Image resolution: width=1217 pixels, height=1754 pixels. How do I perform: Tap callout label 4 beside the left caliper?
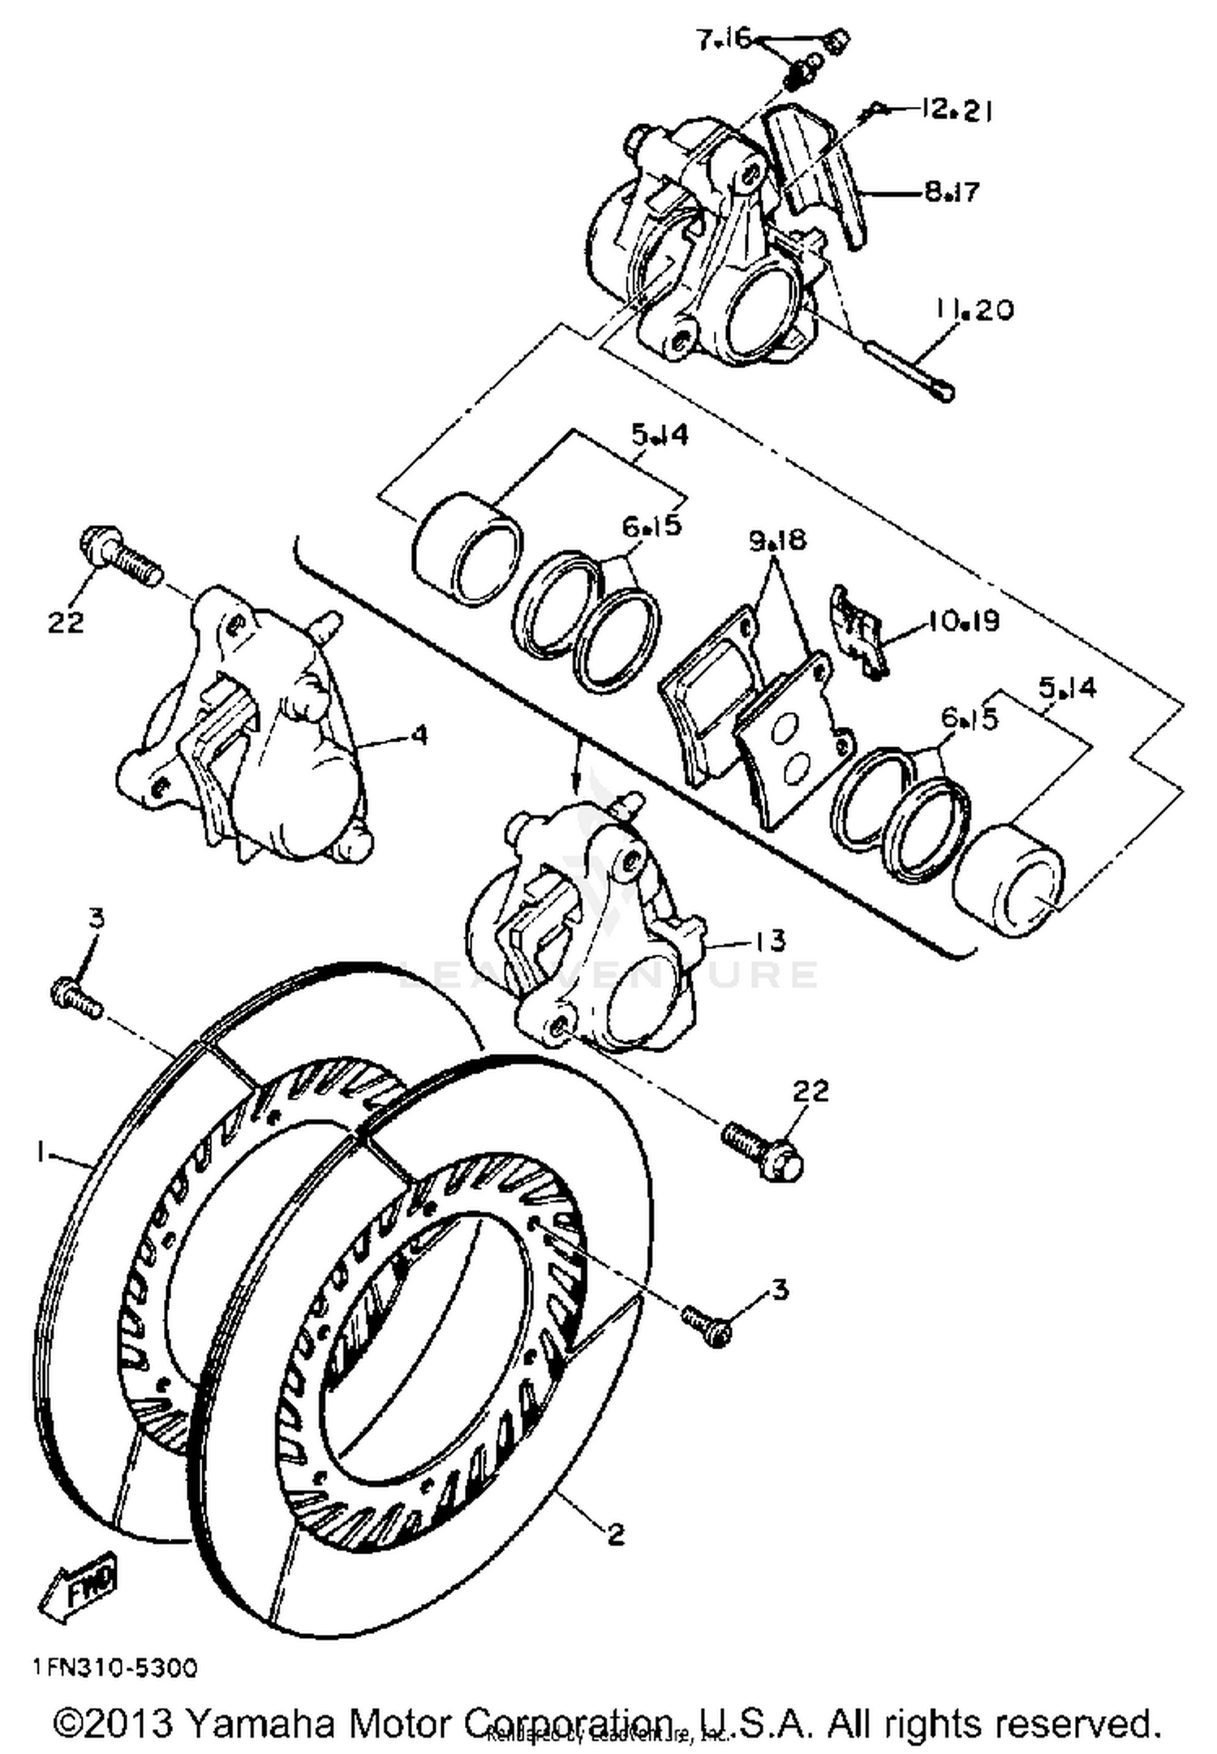419,735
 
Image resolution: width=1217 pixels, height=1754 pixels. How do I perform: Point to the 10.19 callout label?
964,621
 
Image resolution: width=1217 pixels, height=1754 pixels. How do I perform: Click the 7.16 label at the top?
725,39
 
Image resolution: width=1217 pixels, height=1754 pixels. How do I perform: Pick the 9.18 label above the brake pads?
777,540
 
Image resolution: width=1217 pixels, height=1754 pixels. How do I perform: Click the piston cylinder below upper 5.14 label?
467,549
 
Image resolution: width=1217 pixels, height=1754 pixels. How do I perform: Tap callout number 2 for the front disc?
616,1533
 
